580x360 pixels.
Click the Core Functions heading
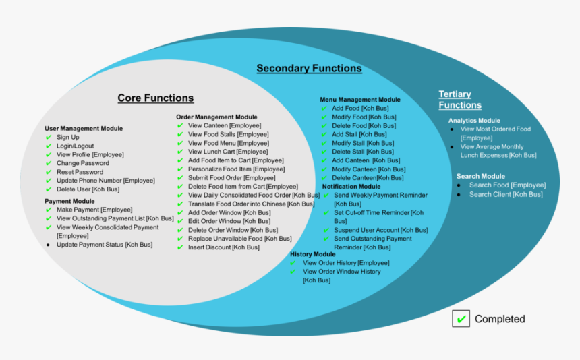click(155, 98)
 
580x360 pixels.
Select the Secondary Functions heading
click(309, 69)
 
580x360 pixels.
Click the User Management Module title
click(84, 128)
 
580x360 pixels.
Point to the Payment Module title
click(69, 201)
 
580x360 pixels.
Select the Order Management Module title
click(216, 117)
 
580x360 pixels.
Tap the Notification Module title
click(351, 187)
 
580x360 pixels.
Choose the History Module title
click(312, 254)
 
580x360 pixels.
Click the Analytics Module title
click(474, 121)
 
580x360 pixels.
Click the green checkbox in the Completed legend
click(461, 319)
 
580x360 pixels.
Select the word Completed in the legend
click(500, 319)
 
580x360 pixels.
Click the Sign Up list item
click(67, 138)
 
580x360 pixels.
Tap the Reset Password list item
click(80, 173)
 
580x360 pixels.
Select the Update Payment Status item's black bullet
click(49, 245)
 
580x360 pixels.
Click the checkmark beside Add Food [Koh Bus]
click(324, 109)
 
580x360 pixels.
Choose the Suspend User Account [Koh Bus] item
click(380, 230)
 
